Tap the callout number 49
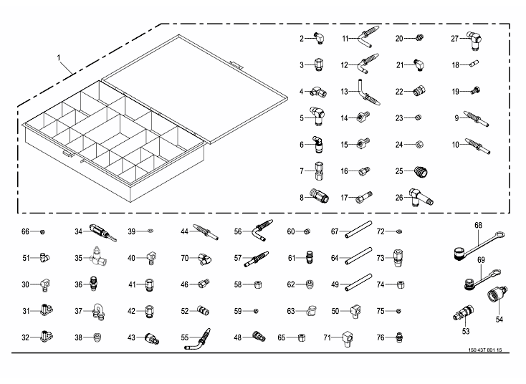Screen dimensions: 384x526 click(335, 285)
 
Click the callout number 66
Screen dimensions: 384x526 click(25, 232)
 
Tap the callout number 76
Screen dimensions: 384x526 click(381, 337)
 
